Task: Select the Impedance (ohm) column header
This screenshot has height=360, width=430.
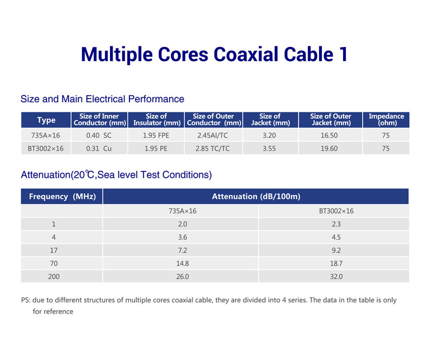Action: click(x=386, y=119)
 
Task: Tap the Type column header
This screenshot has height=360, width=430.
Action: click(x=46, y=120)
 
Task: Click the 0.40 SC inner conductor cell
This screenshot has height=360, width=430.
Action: click(x=98, y=135)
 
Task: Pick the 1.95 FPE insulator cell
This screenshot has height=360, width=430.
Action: click(x=156, y=135)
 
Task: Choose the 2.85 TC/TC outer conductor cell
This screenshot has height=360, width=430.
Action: click(x=212, y=148)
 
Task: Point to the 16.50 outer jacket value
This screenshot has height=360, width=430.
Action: click(x=329, y=135)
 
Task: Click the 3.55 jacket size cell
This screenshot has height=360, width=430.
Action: click(x=269, y=148)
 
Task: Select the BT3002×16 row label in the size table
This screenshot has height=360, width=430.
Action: click(x=45, y=148)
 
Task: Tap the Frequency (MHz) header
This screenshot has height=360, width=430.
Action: click(x=62, y=196)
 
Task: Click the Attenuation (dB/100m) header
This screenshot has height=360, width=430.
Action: click(x=256, y=196)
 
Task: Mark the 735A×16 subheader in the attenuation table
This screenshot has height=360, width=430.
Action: click(x=182, y=211)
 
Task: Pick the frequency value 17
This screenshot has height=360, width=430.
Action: click(x=54, y=250)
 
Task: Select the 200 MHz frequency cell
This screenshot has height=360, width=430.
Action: click(x=54, y=276)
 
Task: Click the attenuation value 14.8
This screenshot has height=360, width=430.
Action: click(x=182, y=263)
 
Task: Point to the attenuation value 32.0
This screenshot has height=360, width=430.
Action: click(x=336, y=276)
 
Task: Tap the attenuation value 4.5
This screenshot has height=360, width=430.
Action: click(x=336, y=237)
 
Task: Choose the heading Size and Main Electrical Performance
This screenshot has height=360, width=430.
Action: click(x=102, y=99)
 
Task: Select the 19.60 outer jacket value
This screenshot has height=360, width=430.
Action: click(x=329, y=148)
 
